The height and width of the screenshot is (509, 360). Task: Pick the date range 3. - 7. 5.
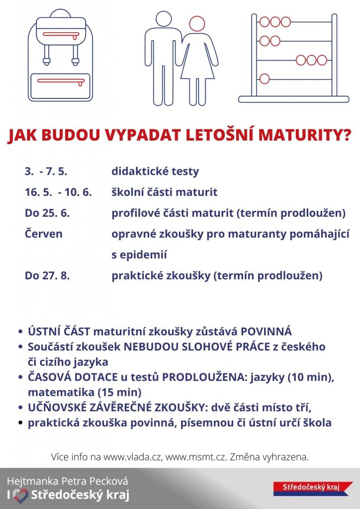point(46,171)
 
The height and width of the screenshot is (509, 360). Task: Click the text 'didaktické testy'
point(155,171)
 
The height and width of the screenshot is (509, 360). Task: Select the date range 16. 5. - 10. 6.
point(58,192)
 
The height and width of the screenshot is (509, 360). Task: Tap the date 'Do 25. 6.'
point(47,213)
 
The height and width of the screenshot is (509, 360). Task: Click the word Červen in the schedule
point(43,234)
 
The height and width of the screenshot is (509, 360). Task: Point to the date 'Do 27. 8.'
point(47,275)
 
